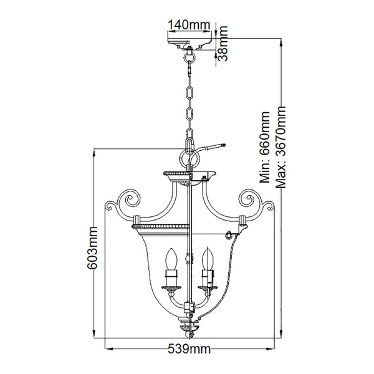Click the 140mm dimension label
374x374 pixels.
(x=188, y=24)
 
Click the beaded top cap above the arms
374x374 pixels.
(x=188, y=172)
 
